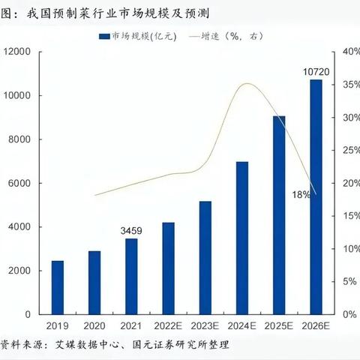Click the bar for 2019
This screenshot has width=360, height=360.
pos(57,288)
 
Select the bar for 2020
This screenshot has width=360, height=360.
pos(94,283)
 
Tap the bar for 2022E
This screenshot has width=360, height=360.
pos(168,268)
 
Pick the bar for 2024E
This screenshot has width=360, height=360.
pos(241,238)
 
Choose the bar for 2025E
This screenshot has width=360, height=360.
pos(278,215)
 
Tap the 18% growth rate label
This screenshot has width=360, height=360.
pos(301,194)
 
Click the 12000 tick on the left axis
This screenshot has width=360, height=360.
pos(16,51)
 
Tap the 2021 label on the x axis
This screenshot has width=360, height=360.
pos(131,327)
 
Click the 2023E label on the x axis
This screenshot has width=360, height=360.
pos(205,327)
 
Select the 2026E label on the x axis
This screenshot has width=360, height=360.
pos(316,327)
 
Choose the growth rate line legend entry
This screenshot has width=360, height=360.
pos(225,35)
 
